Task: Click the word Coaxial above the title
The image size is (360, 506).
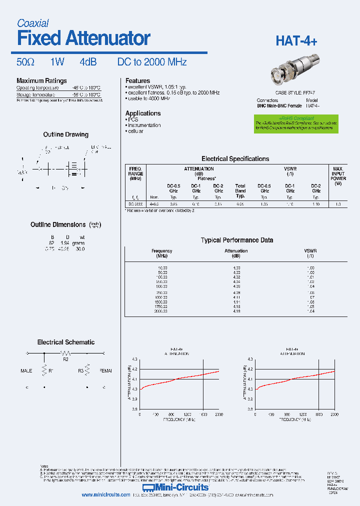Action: click(32, 23)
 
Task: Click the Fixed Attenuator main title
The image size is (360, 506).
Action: click(83, 38)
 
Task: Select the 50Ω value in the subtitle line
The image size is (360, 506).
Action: click(25, 62)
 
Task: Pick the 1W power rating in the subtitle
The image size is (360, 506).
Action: click(57, 62)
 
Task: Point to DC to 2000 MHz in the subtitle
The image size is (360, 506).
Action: click(151, 62)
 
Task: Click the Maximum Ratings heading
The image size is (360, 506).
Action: click(41, 81)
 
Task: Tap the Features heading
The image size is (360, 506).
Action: click(137, 81)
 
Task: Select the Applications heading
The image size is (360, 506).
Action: click(143, 113)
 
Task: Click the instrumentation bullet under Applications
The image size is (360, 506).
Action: click(144, 125)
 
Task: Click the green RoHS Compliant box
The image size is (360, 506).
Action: click(296, 123)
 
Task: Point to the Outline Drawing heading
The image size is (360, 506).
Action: click(65, 134)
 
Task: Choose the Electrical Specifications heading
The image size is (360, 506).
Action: click(235, 159)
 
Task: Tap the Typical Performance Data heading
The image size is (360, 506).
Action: click(236, 240)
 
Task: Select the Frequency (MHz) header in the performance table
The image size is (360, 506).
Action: click(161, 253)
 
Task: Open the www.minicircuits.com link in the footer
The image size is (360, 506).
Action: click(106, 495)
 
